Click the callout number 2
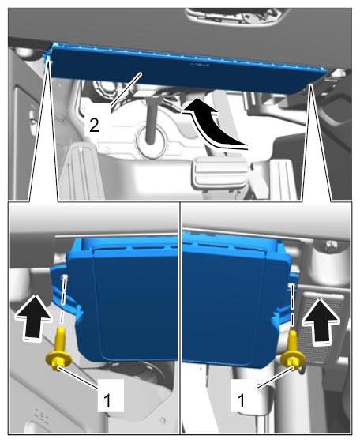pyautogui.click(x=94, y=126)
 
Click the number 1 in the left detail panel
pyautogui.click(x=107, y=400)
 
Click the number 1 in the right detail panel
pyautogui.click(x=241, y=400)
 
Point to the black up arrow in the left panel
pyautogui.click(x=34, y=317)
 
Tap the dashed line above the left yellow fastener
pyautogui.click(x=65, y=299)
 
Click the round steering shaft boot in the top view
pyautogui.click(x=151, y=142)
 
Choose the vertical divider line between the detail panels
pyautogui.click(x=180, y=317)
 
